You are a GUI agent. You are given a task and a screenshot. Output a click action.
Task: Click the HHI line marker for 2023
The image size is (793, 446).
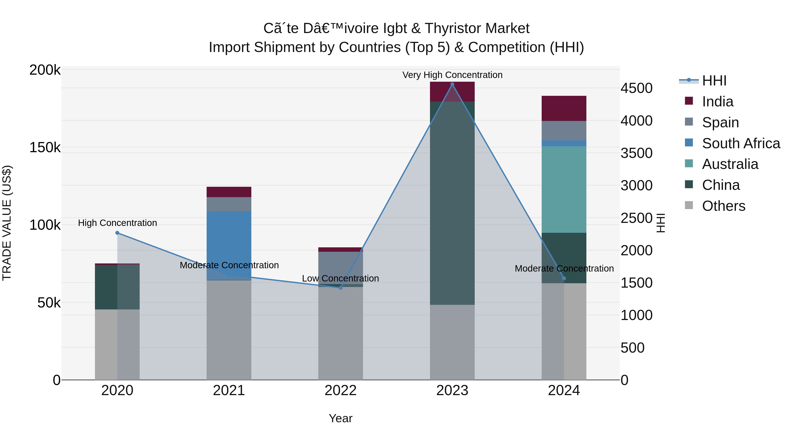tap(452, 84)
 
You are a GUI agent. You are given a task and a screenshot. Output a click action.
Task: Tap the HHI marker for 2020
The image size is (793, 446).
tap(117, 233)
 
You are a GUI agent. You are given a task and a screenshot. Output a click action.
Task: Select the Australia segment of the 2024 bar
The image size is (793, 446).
tap(564, 189)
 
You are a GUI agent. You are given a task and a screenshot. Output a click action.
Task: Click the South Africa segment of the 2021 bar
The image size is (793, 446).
tap(229, 243)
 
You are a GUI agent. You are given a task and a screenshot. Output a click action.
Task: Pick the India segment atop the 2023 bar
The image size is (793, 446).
tap(452, 91)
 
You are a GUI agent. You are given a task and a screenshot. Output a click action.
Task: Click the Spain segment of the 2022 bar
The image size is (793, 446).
tap(341, 268)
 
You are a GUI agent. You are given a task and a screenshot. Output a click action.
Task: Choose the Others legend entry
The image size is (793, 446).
tap(723, 206)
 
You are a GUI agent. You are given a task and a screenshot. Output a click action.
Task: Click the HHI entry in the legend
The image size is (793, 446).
tap(714, 81)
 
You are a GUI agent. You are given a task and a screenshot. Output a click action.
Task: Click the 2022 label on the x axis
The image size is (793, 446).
tap(341, 390)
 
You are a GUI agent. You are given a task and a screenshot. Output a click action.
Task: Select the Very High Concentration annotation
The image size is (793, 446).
tap(452, 75)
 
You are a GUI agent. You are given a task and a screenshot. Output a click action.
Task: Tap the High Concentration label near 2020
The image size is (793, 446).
tap(117, 223)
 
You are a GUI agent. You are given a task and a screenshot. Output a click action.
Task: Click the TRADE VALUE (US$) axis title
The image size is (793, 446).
tap(7, 223)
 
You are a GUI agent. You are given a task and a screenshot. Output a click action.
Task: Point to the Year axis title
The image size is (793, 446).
tap(341, 418)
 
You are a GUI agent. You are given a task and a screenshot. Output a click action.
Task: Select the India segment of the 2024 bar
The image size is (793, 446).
tap(564, 108)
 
